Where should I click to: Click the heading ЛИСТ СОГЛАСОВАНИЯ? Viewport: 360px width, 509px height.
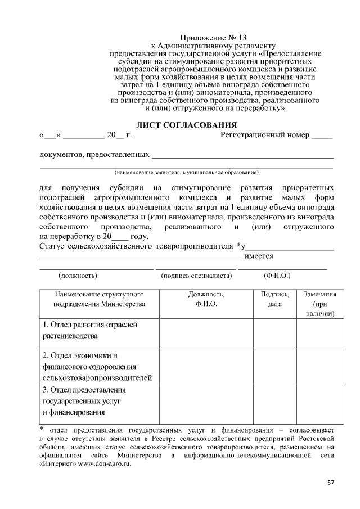186,124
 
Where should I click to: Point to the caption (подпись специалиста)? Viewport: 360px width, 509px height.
196,276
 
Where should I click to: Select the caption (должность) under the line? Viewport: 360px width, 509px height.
78,276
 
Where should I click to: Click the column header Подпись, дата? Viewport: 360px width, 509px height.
275,299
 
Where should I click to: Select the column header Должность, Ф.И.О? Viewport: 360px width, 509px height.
206,299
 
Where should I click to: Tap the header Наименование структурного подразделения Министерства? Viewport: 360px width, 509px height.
99,299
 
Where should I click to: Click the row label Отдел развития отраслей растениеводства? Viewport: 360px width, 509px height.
90,330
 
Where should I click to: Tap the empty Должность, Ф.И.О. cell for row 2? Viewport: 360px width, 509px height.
206,367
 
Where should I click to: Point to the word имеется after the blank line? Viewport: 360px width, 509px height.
259,256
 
